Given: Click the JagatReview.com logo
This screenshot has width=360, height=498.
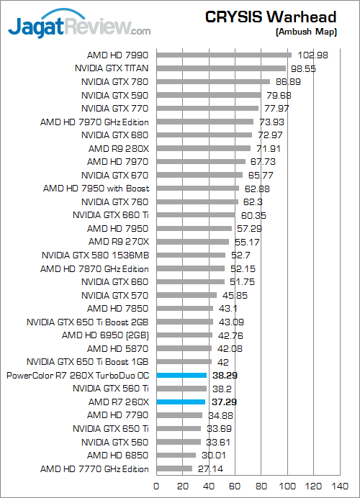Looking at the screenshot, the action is pos(79,24).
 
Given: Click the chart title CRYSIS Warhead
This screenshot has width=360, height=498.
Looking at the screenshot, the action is pos(271,17).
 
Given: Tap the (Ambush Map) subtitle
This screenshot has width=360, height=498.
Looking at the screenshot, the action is pos(306,32).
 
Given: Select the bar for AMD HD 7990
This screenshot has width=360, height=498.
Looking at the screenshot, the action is pos(224,55).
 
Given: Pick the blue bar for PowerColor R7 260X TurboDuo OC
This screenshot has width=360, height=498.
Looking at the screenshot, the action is pos(181,376).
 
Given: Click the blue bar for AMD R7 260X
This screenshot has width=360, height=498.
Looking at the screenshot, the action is pos(181,402).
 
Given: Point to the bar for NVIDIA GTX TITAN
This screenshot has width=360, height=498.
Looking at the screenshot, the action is pos(221,68).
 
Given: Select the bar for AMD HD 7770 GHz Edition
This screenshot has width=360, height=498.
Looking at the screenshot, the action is pos(174,468).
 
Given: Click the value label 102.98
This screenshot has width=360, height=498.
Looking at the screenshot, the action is pos(312,55).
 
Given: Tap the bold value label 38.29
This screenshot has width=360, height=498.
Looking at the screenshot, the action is pos(225,376).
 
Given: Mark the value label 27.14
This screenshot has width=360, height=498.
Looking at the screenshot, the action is pos(210,468).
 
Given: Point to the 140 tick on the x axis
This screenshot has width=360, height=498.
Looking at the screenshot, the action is pos(340,486).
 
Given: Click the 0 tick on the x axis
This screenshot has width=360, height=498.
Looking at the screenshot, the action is pos(156,486).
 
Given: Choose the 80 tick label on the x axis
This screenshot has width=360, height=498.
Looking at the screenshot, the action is pos(261,486).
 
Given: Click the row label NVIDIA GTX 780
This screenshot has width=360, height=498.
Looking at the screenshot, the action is pos(114,82).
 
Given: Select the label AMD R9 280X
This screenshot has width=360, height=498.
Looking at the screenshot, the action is pos(119,149).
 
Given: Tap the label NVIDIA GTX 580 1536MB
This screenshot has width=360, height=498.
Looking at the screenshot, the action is pos(95,255).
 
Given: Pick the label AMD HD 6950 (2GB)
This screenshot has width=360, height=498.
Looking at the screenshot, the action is pos(105,335).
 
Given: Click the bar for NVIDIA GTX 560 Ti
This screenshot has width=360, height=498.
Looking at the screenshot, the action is pos(181,389).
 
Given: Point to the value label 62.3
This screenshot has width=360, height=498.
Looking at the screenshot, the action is pos(253,202).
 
